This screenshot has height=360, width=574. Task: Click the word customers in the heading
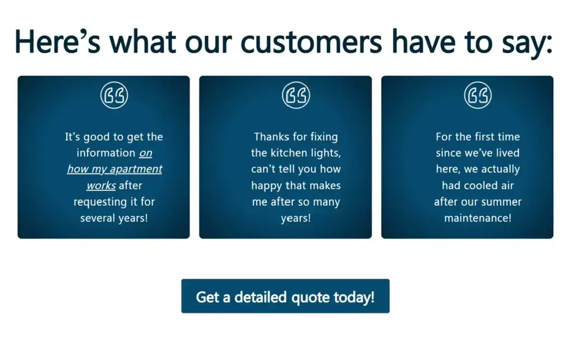click(311, 42)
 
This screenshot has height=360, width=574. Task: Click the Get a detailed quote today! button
click(285, 296)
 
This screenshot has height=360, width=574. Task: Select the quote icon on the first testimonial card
click(114, 95)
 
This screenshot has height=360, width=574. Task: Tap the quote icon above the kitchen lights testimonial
click(296, 95)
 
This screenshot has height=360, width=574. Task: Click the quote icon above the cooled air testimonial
click(478, 95)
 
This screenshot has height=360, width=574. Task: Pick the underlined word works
click(101, 185)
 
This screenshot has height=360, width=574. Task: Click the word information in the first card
click(106, 153)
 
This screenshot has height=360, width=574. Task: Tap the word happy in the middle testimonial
click(266, 186)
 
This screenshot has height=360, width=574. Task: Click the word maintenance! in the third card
click(478, 218)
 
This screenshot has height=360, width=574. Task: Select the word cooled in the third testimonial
click(482, 185)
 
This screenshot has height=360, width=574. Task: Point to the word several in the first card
click(96, 218)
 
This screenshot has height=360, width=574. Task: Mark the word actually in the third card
click(501, 169)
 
